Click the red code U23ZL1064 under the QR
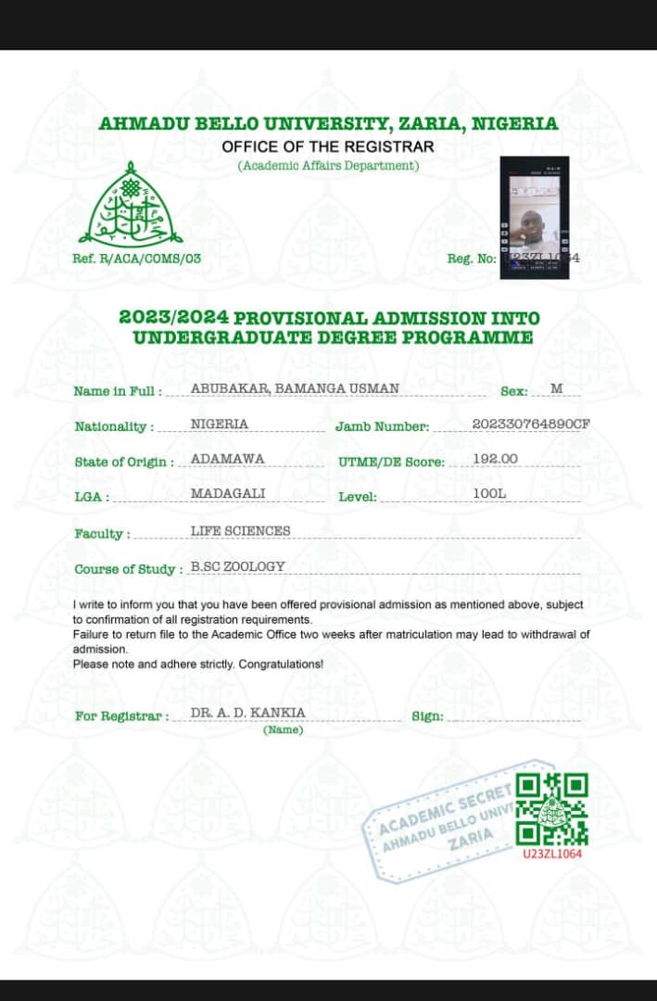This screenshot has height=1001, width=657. tap(552, 853)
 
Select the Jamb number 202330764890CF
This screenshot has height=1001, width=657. tap(531, 424)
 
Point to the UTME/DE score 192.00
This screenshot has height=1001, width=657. tap(495, 459)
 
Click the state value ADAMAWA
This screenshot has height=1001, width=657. tap(227, 459)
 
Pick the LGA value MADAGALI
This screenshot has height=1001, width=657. tap(228, 493)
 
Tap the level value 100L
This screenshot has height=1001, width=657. tap(489, 493)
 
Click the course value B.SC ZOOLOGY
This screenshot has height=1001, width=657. tap(238, 566)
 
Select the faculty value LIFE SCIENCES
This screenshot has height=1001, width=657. tap(240, 531)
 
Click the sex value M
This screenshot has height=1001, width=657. tap(556, 387)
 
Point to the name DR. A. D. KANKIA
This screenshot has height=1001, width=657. tap(247, 713)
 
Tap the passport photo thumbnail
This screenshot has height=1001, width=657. tap(533, 217)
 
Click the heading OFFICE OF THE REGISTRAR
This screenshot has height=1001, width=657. tap(327, 146)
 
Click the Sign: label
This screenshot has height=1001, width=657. tap(427, 716)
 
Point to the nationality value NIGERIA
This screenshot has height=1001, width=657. tap(220, 424)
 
